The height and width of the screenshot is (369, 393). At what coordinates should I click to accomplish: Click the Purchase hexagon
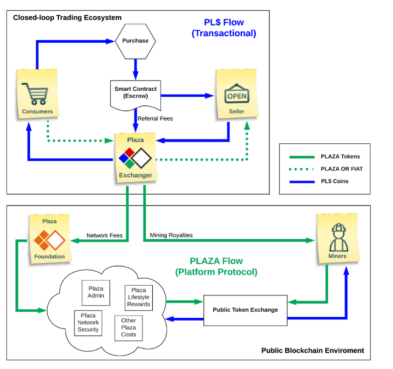tap(135, 41)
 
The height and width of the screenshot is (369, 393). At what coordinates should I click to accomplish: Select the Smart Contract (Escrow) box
tap(136, 92)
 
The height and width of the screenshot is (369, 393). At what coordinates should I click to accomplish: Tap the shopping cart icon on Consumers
tap(37, 93)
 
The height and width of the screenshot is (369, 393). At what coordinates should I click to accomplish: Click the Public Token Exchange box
tap(245, 309)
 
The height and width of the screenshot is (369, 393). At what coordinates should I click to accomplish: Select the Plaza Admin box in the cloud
tap(95, 292)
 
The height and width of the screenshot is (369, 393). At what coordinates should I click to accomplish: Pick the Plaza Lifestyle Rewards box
tap(138, 297)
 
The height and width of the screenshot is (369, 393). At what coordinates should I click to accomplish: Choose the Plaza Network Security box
tap(88, 322)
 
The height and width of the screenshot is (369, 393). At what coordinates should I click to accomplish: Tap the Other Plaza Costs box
tap(129, 328)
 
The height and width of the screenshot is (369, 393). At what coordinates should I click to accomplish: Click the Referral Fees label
tap(155, 119)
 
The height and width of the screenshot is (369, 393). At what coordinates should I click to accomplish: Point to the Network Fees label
tap(104, 235)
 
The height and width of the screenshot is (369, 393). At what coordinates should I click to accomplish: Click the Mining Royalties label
tap(171, 235)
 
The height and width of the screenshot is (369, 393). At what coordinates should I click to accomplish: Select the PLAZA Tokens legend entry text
tap(340, 157)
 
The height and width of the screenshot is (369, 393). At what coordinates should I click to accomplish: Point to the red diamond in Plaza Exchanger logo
tap(129, 152)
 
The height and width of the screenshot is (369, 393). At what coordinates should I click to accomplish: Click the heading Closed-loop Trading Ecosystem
tap(67, 18)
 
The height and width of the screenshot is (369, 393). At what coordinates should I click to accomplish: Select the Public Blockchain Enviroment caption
tap(312, 350)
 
